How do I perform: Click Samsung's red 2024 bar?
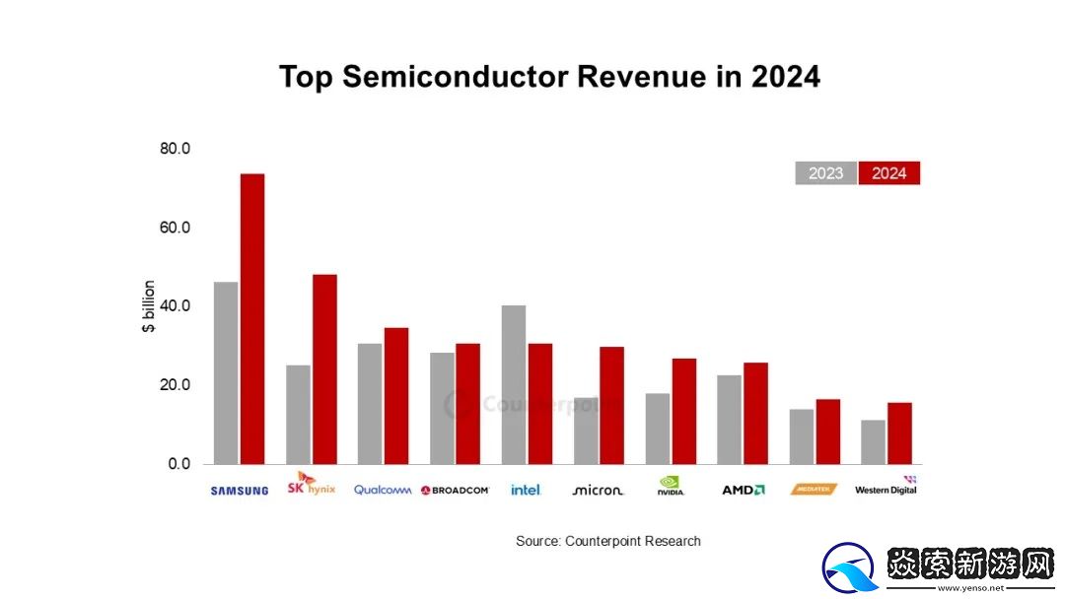[x=252, y=318]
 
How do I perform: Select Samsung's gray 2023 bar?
[x=226, y=372]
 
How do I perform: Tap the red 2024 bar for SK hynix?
[x=324, y=368]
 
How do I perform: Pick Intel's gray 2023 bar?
[x=514, y=384]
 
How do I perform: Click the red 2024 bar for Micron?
[x=612, y=405]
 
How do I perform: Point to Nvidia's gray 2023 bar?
[x=658, y=429]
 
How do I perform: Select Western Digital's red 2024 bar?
[x=899, y=433]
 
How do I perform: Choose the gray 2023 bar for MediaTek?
[x=802, y=436]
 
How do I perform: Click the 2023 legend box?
[x=825, y=173]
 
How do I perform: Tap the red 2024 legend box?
[x=888, y=173]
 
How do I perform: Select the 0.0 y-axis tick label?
[x=178, y=464]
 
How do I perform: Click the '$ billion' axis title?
[x=149, y=306]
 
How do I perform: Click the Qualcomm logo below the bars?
[x=383, y=490]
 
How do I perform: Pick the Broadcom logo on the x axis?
[x=455, y=490]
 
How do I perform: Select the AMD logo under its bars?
[x=743, y=490]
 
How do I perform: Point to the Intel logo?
[x=526, y=490]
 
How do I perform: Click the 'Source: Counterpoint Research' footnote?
[x=607, y=541]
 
